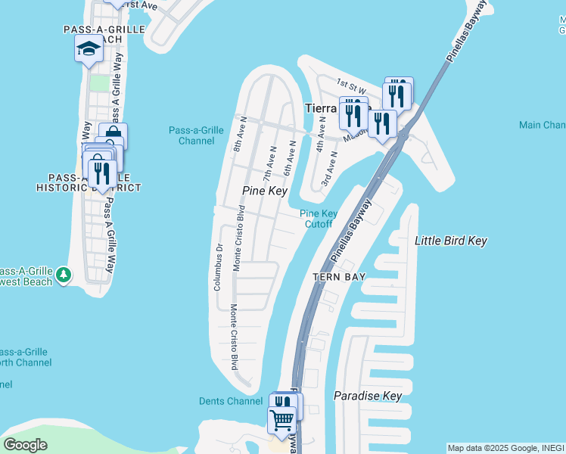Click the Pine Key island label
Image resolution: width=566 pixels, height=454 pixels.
point(265,191)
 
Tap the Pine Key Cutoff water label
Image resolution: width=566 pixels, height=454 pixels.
point(319,219)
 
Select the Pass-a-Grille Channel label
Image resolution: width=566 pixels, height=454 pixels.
point(196,135)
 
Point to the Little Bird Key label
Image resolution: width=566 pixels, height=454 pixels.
point(451,241)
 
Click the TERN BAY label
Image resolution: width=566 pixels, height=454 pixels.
point(340,277)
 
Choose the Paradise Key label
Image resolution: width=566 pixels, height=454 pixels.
point(368,396)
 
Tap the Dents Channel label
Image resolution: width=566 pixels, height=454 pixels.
point(231,401)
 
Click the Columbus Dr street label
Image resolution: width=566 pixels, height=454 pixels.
point(218,267)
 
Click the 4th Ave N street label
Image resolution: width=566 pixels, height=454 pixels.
point(322,141)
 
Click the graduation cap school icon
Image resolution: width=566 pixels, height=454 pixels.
point(89,49)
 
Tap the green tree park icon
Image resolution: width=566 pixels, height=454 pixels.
point(64,274)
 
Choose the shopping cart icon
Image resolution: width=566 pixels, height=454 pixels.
point(282,418)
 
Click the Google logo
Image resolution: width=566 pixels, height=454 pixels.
point(25,445)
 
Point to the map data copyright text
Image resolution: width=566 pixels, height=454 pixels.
point(505,448)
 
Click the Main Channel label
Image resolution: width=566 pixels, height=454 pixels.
point(543,125)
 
